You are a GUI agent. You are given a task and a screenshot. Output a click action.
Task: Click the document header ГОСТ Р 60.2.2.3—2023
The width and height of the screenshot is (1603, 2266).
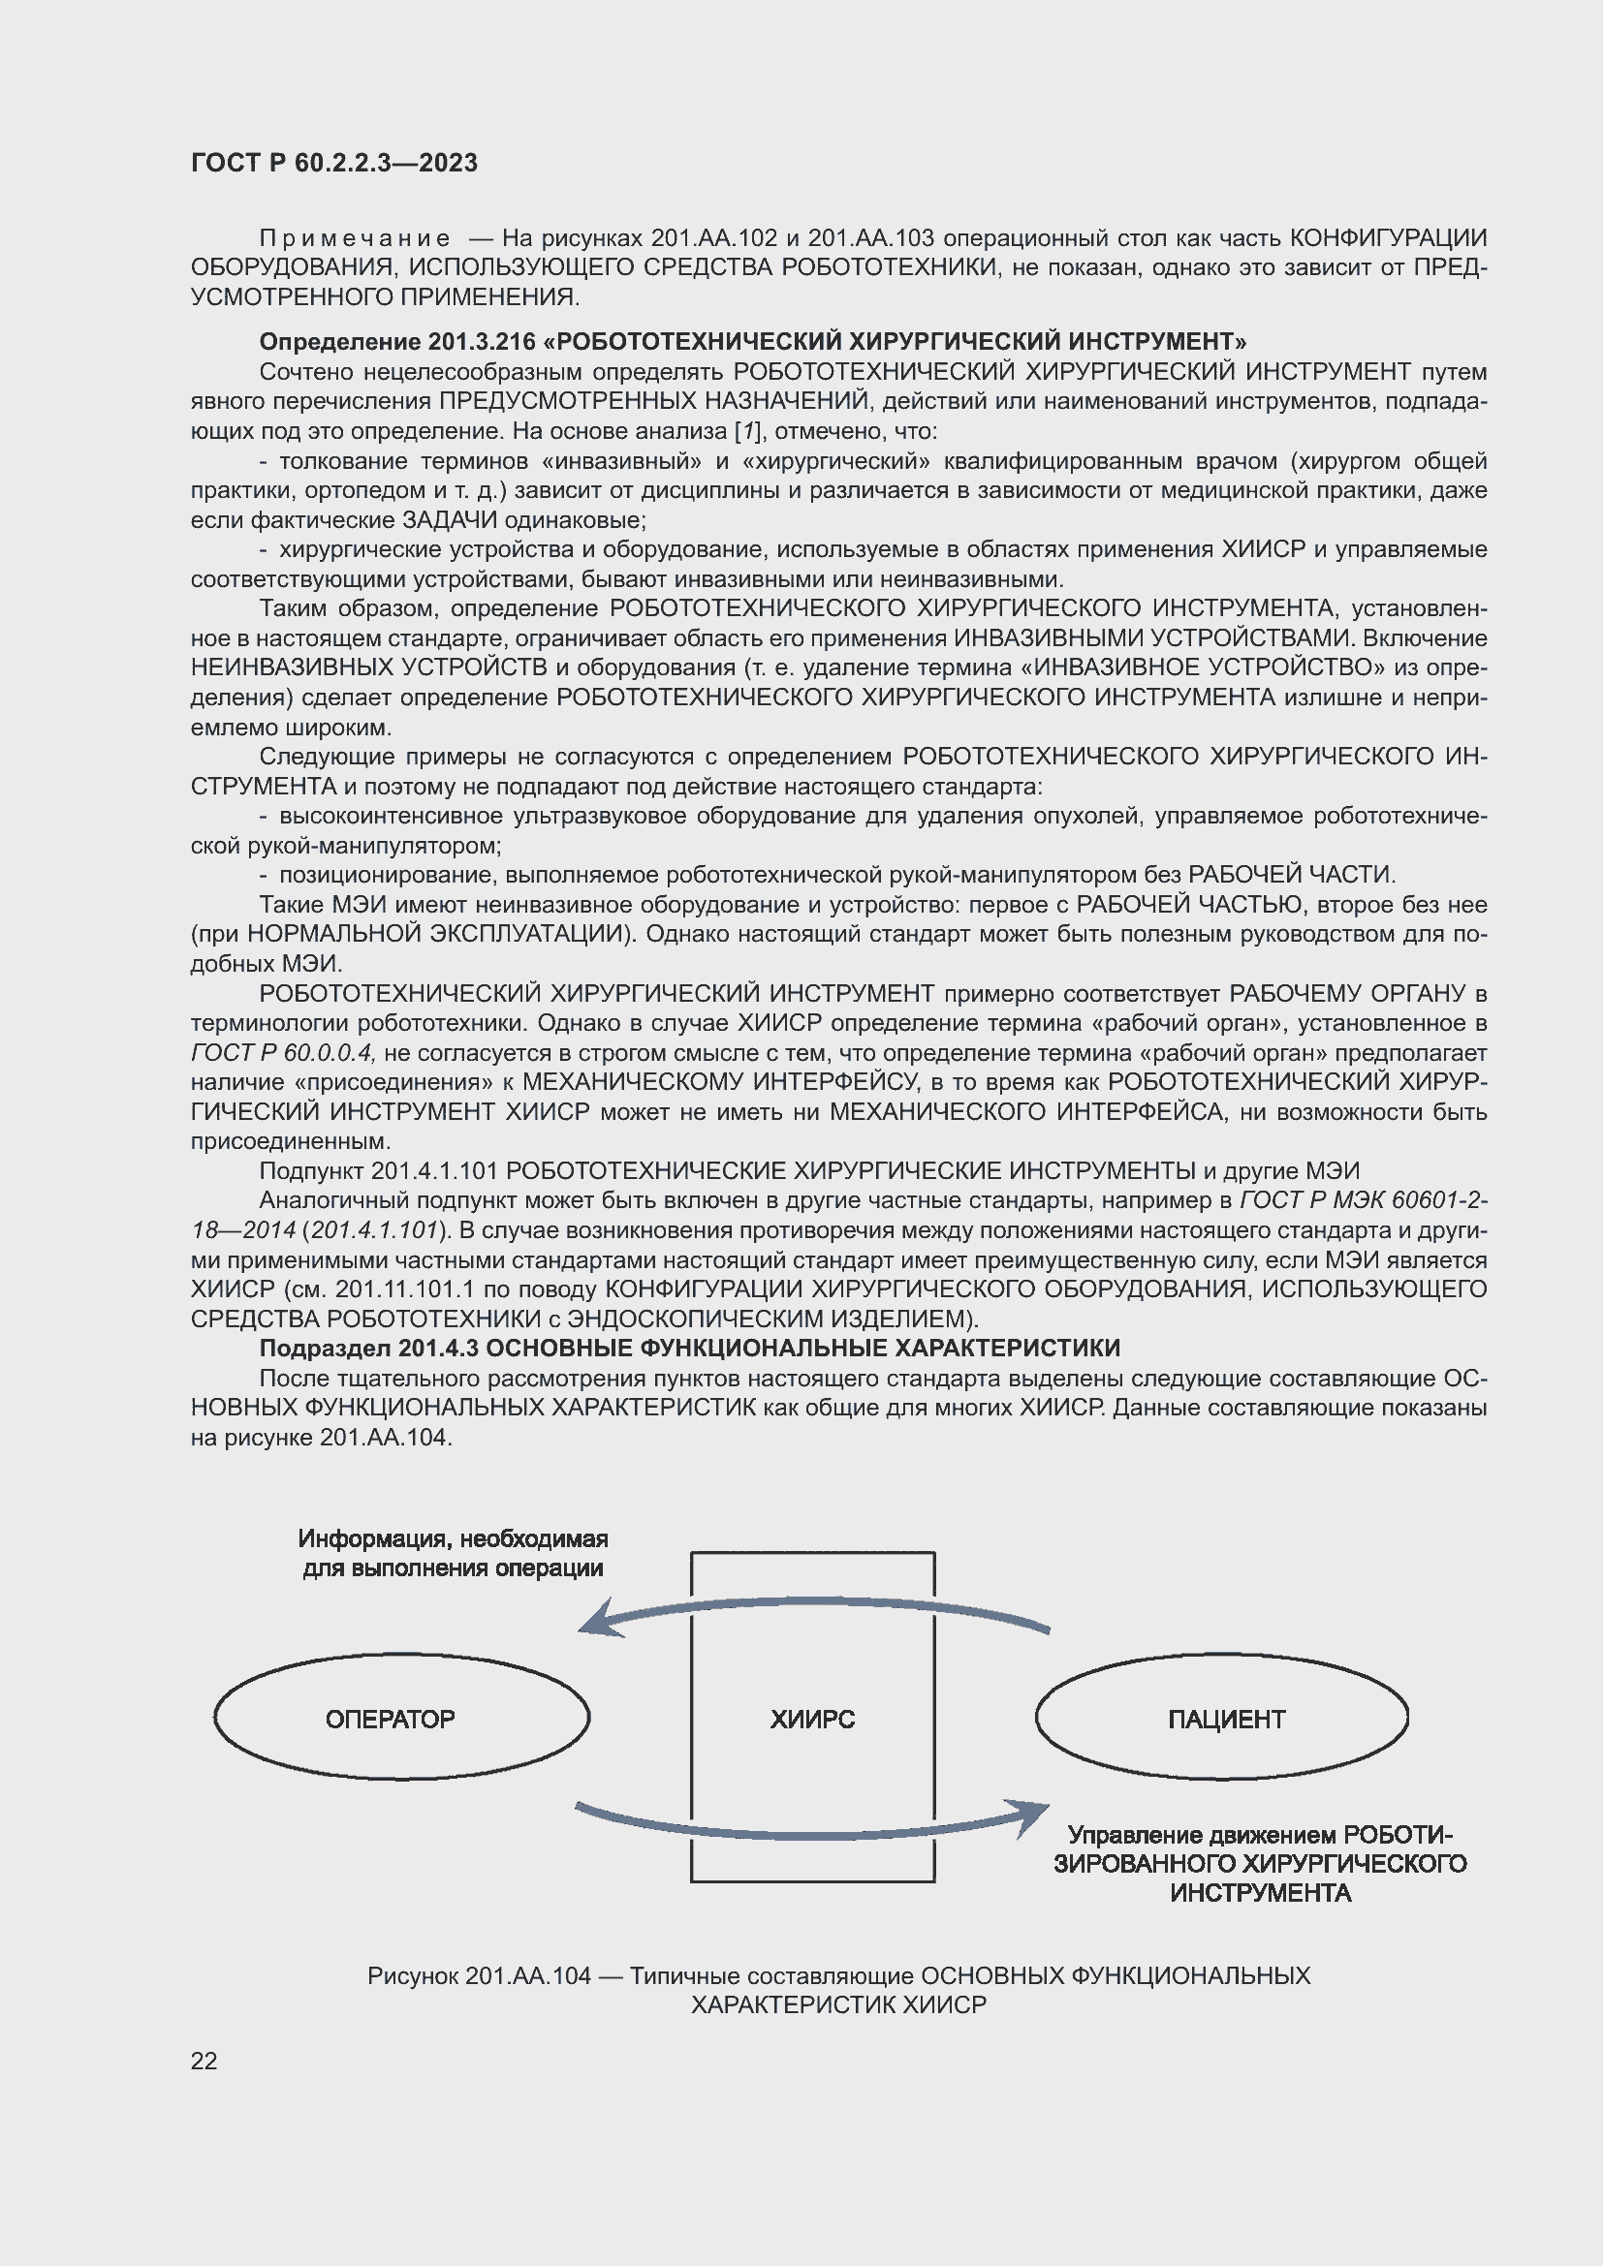point(333,163)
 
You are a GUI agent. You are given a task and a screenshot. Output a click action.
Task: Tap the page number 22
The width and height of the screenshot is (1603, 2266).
point(204,2061)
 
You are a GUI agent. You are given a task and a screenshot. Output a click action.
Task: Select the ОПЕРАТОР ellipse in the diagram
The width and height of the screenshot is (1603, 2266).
point(401,1719)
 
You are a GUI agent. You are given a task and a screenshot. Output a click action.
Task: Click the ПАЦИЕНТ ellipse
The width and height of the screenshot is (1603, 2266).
point(1222,1719)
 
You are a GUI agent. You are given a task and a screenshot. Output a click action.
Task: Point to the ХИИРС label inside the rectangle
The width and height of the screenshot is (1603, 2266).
point(812,1720)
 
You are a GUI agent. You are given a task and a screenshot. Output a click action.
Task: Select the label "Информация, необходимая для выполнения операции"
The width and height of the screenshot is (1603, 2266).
point(453,1553)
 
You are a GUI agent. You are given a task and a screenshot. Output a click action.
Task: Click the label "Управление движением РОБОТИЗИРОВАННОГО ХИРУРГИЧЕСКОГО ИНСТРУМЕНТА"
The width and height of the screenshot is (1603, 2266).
point(1260,1863)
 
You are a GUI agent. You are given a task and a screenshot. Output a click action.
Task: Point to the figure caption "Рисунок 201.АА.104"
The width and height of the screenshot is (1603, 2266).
point(479,1974)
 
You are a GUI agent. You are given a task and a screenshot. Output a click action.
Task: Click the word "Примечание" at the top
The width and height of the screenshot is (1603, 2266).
point(355,239)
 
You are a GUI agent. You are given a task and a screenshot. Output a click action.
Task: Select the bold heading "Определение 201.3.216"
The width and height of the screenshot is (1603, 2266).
point(397,341)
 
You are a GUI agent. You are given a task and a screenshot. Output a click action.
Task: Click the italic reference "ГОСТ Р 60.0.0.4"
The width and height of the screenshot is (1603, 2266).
point(282,1053)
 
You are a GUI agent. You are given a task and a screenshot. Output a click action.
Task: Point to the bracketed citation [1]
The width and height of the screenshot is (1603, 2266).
point(747,431)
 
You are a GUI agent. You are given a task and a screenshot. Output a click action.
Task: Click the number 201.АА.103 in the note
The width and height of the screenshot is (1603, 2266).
point(870,239)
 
